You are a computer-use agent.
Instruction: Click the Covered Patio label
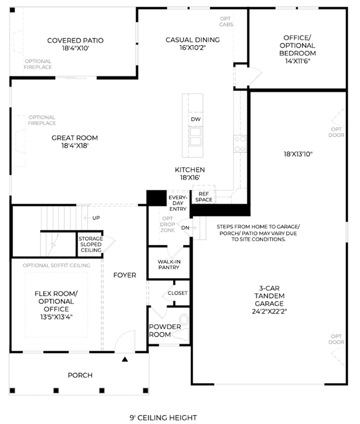(x=75, y=45)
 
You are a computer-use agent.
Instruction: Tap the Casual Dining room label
(x=192, y=44)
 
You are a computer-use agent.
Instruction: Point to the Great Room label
(x=74, y=142)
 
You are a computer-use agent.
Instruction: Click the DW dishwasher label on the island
(x=195, y=120)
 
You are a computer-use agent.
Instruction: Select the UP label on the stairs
(x=96, y=218)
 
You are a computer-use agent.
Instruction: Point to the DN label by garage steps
(x=185, y=227)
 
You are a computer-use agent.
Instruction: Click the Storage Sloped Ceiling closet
(x=90, y=244)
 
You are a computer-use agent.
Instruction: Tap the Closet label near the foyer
(x=177, y=293)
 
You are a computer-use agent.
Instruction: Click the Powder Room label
(x=165, y=330)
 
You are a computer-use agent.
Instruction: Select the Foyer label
(x=125, y=275)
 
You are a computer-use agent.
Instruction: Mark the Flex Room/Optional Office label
(x=56, y=305)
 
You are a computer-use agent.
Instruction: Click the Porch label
(x=80, y=375)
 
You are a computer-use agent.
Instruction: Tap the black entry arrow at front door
(x=126, y=358)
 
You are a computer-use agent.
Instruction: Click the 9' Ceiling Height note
(x=163, y=418)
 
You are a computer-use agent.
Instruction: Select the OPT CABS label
(x=226, y=21)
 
